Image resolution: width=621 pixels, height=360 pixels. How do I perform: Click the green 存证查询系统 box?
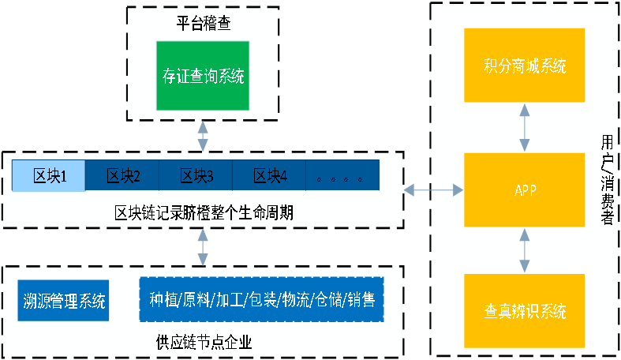click(204, 76)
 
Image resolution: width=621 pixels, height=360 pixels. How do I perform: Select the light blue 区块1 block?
click(48, 175)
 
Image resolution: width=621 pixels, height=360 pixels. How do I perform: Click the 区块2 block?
click(122, 175)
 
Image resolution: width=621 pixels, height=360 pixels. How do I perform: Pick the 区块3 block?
click(196, 175)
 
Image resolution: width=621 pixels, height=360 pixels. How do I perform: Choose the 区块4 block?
click(269, 175)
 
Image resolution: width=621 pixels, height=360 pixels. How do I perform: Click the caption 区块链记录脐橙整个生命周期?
click(204, 212)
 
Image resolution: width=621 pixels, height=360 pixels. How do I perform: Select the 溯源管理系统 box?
click(62, 299)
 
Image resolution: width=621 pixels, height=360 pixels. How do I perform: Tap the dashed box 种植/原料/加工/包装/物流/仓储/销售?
click(261, 299)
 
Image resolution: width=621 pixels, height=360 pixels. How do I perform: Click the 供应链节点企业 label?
click(204, 342)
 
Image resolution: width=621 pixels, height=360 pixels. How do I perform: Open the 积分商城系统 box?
click(524, 66)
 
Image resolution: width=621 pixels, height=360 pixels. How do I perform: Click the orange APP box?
click(524, 189)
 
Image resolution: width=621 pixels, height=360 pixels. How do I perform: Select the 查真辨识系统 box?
click(524, 311)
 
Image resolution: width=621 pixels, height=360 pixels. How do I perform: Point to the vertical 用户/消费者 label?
click(606, 180)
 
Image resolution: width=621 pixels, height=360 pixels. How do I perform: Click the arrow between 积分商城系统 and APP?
click(524, 127)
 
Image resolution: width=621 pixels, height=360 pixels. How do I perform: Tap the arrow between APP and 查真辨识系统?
click(524, 251)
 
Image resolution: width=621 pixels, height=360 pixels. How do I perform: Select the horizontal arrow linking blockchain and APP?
click(433, 189)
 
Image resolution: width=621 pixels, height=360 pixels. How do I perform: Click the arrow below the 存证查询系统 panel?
click(204, 136)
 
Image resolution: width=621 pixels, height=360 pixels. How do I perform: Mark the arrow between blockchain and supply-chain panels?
click(204, 247)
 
